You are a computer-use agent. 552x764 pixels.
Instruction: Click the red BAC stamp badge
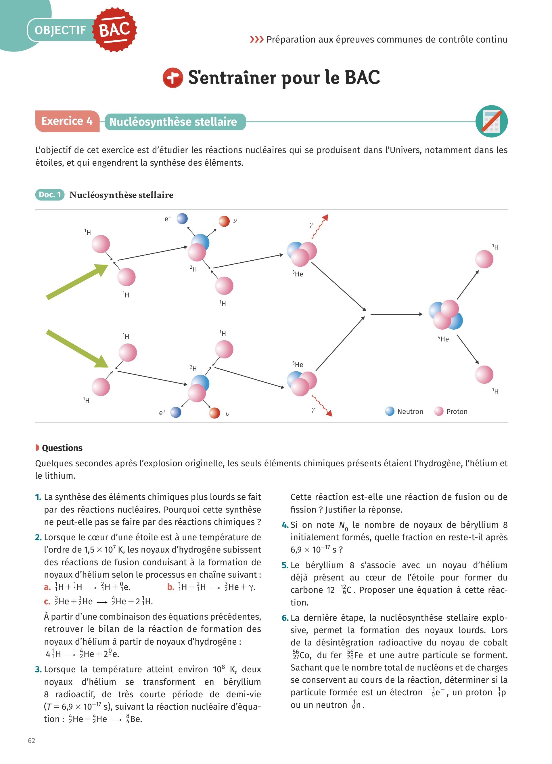pyautogui.click(x=114, y=30)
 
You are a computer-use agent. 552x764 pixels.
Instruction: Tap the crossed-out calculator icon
pyautogui.click(x=491, y=121)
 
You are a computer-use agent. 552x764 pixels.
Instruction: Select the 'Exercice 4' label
pyautogui.click(x=67, y=121)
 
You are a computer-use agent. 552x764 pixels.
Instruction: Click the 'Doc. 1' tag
pyautogui.click(x=49, y=195)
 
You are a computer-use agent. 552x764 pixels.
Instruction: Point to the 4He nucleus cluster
pyautogui.click(x=446, y=315)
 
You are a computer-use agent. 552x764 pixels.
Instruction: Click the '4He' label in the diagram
pyautogui.click(x=443, y=339)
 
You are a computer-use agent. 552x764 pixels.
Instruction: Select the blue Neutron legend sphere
pyautogui.click(x=390, y=411)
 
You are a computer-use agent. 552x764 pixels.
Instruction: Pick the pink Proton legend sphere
pyautogui.click(x=438, y=411)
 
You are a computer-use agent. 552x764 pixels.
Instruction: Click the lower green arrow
pyautogui.click(x=77, y=348)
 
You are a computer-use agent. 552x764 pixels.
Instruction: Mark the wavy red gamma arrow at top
pyautogui.click(x=320, y=226)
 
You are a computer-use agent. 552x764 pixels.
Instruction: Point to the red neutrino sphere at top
pyautogui.click(x=224, y=221)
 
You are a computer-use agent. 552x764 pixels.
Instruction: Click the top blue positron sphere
pyautogui.click(x=182, y=219)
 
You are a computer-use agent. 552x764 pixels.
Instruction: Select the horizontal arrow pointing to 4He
pyautogui.click(x=396, y=314)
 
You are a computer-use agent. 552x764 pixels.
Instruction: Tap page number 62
pyautogui.click(x=31, y=740)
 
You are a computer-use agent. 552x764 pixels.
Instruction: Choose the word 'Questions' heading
pyautogui.click(x=62, y=448)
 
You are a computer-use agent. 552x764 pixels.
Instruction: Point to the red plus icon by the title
pyautogui.click(x=173, y=77)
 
